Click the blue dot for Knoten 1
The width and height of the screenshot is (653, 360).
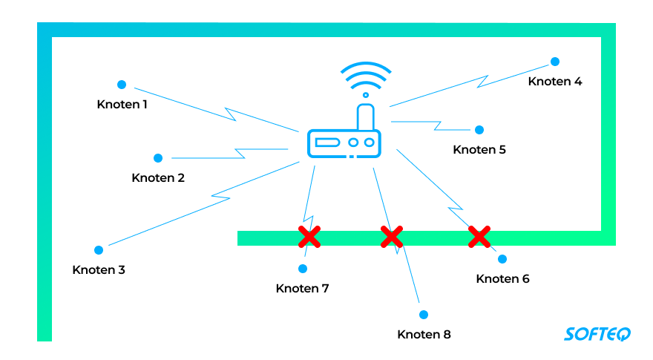pyautogui.click(x=122, y=85)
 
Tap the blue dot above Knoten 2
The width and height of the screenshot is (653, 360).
pyautogui.click(x=158, y=158)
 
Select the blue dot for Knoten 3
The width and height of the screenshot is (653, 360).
pyautogui.click(x=98, y=250)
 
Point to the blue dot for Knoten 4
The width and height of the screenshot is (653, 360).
pyautogui.click(x=554, y=62)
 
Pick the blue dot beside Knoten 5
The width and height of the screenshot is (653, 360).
pyautogui.click(x=479, y=130)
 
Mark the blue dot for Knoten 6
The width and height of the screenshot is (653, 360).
pyautogui.click(x=502, y=259)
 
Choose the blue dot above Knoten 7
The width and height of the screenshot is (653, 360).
pyautogui.click(x=303, y=268)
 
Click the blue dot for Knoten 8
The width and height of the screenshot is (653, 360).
pyautogui.click(x=424, y=315)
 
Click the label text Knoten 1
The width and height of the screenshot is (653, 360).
pyautogui.click(x=122, y=105)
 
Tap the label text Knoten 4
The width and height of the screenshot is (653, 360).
pyautogui.click(x=555, y=82)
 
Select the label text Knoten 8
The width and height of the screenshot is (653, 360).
pyautogui.click(x=424, y=335)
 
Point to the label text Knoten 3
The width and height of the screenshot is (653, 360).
pyautogui.click(x=99, y=270)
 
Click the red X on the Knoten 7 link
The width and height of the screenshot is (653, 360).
pyautogui.click(x=309, y=237)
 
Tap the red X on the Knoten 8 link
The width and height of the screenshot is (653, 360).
pyautogui.click(x=391, y=237)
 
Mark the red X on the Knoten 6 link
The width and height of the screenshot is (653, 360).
pyautogui.click(x=479, y=237)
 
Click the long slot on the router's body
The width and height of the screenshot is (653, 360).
pyautogui.click(x=326, y=142)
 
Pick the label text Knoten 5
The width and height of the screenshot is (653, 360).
pyautogui.click(x=479, y=150)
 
